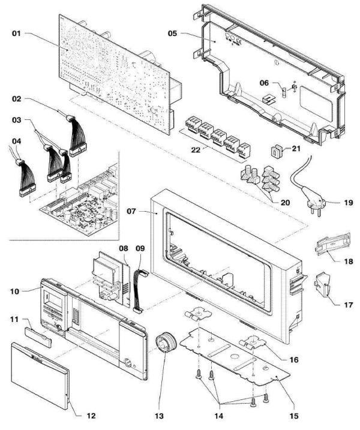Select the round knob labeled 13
pos(163,347)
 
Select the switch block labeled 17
pos(325,287)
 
